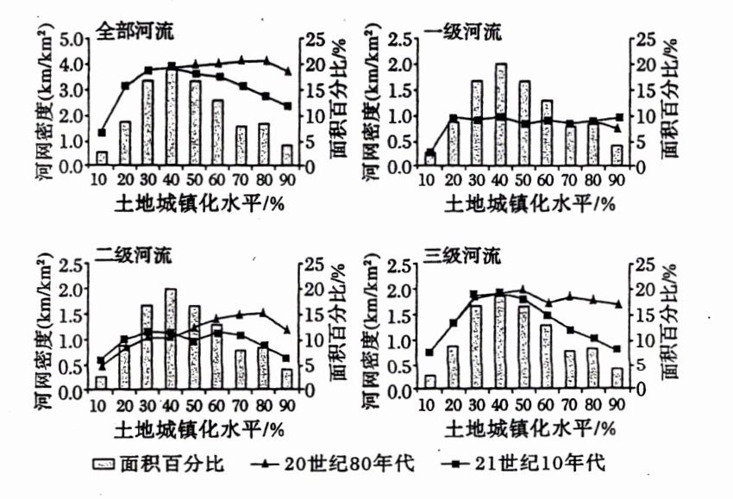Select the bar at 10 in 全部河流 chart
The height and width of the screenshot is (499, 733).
tap(102, 159)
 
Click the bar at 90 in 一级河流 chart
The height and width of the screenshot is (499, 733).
tap(617, 155)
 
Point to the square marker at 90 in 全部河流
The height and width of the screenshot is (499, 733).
tap(287, 106)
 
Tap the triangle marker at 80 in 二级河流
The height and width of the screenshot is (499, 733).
tap(263, 312)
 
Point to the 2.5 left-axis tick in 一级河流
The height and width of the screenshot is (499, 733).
tap(398, 39)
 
